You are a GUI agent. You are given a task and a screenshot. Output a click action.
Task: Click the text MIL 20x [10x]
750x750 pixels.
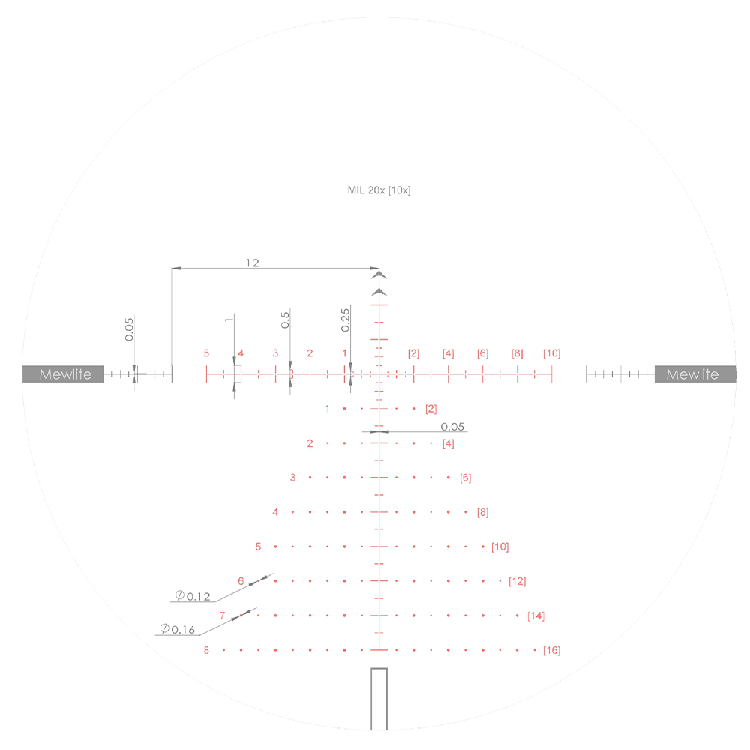click(x=379, y=190)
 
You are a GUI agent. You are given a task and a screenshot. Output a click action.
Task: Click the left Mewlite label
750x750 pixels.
click(x=63, y=374)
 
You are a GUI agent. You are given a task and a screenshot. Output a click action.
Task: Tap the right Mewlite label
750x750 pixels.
click(x=692, y=374)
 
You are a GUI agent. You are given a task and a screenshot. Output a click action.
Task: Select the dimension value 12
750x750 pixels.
click(x=253, y=262)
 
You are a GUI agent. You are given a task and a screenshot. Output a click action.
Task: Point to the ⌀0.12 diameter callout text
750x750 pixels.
click(x=193, y=597)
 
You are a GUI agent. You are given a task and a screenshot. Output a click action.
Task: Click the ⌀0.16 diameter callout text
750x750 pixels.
click(x=177, y=629)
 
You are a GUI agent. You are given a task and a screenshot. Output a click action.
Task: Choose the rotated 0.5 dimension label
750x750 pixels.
click(x=286, y=320)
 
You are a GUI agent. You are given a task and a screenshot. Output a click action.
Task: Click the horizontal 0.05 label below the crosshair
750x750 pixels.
click(x=452, y=427)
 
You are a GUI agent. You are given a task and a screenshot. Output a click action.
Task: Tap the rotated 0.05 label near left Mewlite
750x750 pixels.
click(x=129, y=328)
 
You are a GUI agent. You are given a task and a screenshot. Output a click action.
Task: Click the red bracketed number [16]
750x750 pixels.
click(x=551, y=650)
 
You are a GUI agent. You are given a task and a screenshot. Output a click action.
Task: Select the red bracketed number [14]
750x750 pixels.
click(x=535, y=616)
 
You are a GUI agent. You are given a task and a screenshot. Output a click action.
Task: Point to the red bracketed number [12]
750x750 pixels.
click(x=517, y=581)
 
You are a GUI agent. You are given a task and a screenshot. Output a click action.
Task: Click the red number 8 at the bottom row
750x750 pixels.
click(x=206, y=650)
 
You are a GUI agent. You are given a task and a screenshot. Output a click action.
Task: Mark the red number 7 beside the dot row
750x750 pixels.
click(x=223, y=616)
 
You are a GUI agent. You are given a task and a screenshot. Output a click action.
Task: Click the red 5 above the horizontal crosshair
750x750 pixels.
click(x=206, y=353)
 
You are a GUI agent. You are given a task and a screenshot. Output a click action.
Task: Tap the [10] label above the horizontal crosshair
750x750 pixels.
click(x=551, y=353)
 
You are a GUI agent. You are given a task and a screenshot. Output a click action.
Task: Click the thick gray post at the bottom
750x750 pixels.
click(x=379, y=699)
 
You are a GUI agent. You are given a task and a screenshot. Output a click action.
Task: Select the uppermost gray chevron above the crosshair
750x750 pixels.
click(x=379, y=275)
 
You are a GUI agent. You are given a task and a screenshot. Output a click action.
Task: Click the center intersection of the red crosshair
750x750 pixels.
click(x=379, y=373)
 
